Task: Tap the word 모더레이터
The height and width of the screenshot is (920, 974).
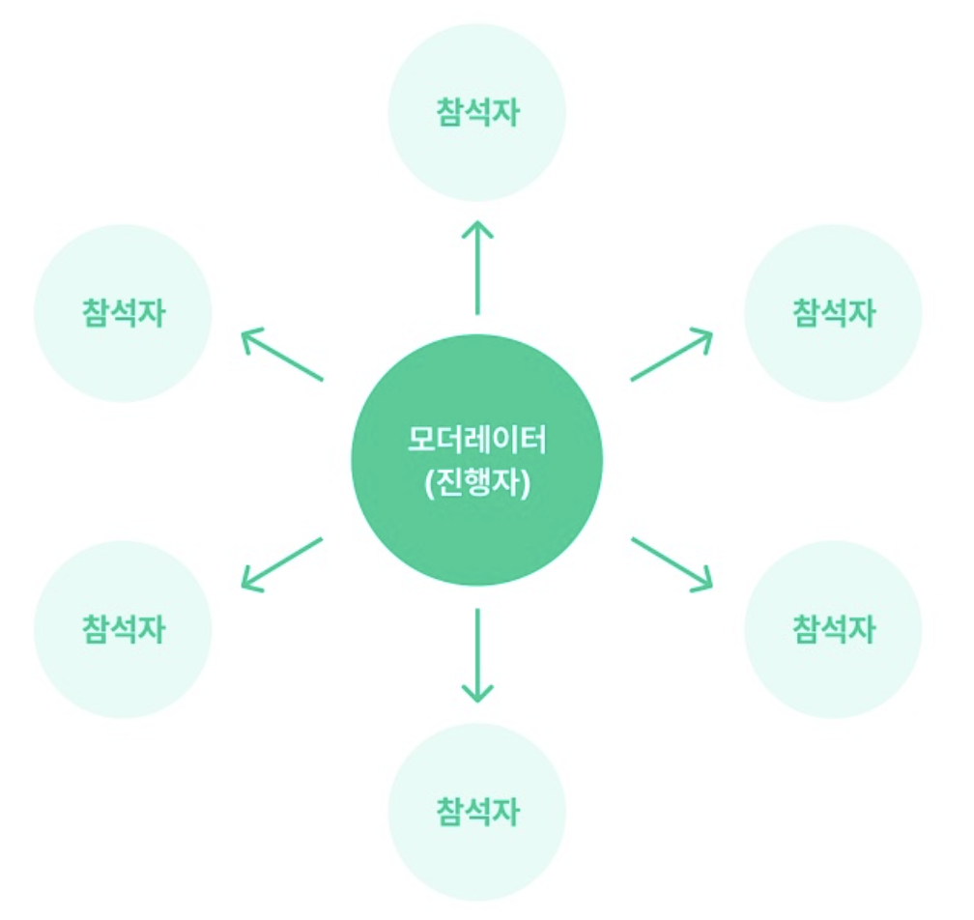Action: click(x=476, y=440)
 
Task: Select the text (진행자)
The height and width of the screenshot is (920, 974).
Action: click(x=476, y=480)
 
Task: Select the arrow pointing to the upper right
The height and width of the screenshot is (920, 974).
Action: click(x=671, y=355)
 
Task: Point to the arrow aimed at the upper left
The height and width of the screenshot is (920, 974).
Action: click(x=281, y=355)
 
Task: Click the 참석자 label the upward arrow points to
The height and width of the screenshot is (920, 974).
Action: click(x=476, y=112)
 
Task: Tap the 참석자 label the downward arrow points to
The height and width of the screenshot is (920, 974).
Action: click(x=476, y=811)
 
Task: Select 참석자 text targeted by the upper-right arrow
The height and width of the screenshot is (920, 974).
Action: click(x=833, y=313)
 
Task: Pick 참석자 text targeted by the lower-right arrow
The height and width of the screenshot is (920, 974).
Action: click(x=833, y=629)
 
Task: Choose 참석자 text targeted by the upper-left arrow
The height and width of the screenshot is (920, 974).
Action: click(x=123, y=313)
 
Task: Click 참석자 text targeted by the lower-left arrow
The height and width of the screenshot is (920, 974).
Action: click(x=123, y=629)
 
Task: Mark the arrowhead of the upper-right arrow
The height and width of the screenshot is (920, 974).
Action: click(x=704, y=336)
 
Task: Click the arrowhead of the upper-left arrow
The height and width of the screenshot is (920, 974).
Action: click(x=248, y=336)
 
